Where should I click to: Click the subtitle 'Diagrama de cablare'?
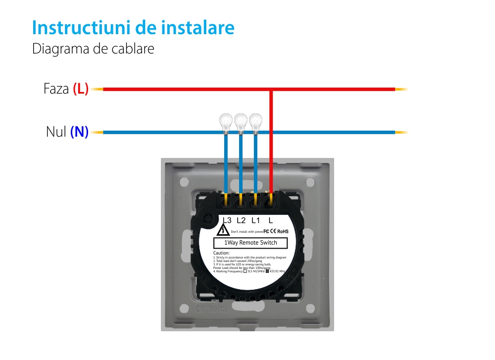coord(93,49)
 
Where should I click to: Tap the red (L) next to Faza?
coord(81,89)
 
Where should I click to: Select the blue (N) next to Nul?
coord(79,132)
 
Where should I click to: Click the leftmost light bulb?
coord(226,121)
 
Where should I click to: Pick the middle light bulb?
coord(241,121)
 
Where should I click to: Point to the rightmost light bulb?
coord(255,121)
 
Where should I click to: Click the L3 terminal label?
coord(227,220)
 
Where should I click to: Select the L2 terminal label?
coord(241,220)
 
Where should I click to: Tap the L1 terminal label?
coord(255,220)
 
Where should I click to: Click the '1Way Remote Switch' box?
coord(251,243)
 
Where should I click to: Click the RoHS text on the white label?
coord(283,231)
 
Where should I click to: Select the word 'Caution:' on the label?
coord(221,253)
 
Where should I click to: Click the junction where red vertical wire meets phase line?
coord(271,90)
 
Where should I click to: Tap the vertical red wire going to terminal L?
coord(271,144)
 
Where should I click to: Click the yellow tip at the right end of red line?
coord(401,89)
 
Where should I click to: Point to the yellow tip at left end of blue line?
coord(97,132)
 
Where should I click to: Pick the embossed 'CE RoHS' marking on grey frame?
coord(211,309)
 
